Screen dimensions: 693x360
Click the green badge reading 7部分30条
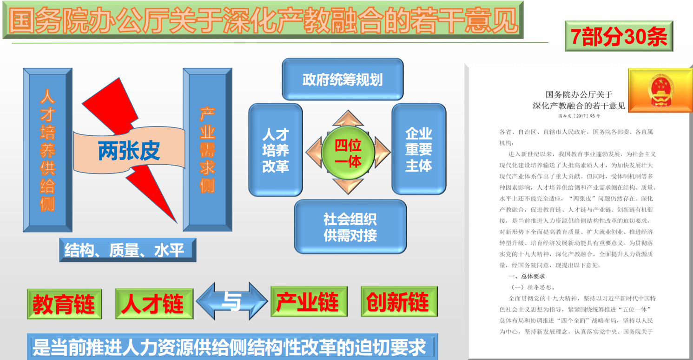click(x=619, y=36)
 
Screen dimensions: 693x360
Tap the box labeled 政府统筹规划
click(x=343, y=79)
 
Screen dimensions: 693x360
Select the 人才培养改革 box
click(x=275, y=150)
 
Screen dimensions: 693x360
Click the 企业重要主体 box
click(x=419, y=149)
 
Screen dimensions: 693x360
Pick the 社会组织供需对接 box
click(x=350, y=227)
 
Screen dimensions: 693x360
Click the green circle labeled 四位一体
click(x=348, y=153)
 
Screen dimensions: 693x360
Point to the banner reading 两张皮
click(x=129, y=150)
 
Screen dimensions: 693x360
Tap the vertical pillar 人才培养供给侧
click(x=48, y=150)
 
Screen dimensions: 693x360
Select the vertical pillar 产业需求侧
click(x=207, y=150)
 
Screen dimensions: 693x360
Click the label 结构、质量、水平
click(x=127, y=250)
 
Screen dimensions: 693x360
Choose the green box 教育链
click(x=64, y=304)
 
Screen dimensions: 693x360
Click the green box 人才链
click(x=154, y=304)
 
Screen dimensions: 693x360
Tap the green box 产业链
click(x=309, y=301)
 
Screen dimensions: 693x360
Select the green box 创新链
click(x=399, y=301)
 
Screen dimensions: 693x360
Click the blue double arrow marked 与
click(x=232, y=301)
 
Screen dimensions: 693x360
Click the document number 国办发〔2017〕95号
click(x=579, y=116)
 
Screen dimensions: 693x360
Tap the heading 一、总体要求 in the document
click(x=527, y=276)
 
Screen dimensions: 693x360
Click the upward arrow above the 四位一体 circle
click(x=348, y=118)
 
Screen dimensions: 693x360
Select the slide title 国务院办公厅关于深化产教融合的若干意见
click(x=263, y=20)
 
